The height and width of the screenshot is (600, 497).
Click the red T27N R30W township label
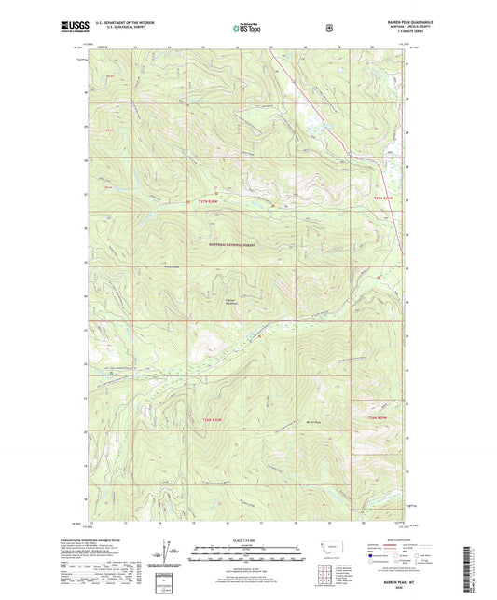pos(210,201)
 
